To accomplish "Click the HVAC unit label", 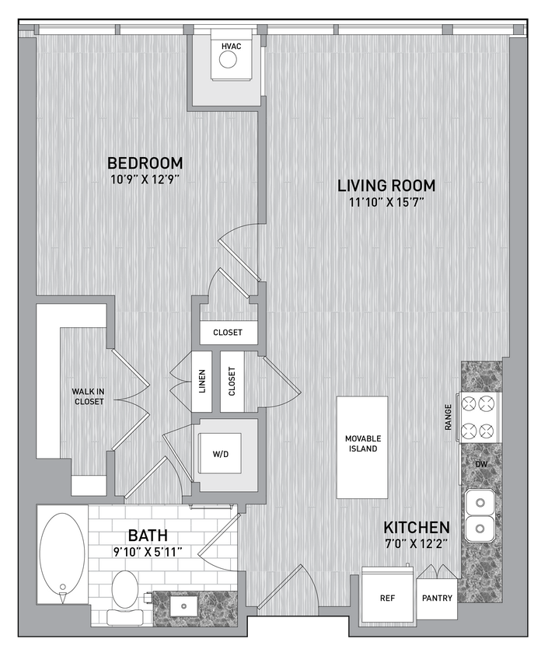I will [231, 47].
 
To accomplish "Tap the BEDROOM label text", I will [145, 163].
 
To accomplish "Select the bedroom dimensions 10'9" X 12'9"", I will [145, 180].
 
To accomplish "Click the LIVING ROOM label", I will [386, 186].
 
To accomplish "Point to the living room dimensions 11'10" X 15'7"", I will [386, 203].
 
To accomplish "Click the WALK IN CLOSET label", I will [89, 396].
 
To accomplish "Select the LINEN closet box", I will [202, 382].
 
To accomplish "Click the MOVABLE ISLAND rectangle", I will [361, 448].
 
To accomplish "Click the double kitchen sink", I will [479, 516].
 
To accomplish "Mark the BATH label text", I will [148, 536].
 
